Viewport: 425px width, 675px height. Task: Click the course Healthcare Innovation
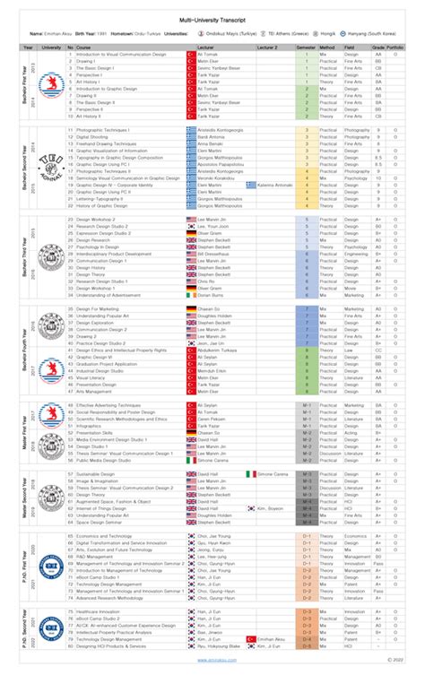point(101,610)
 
